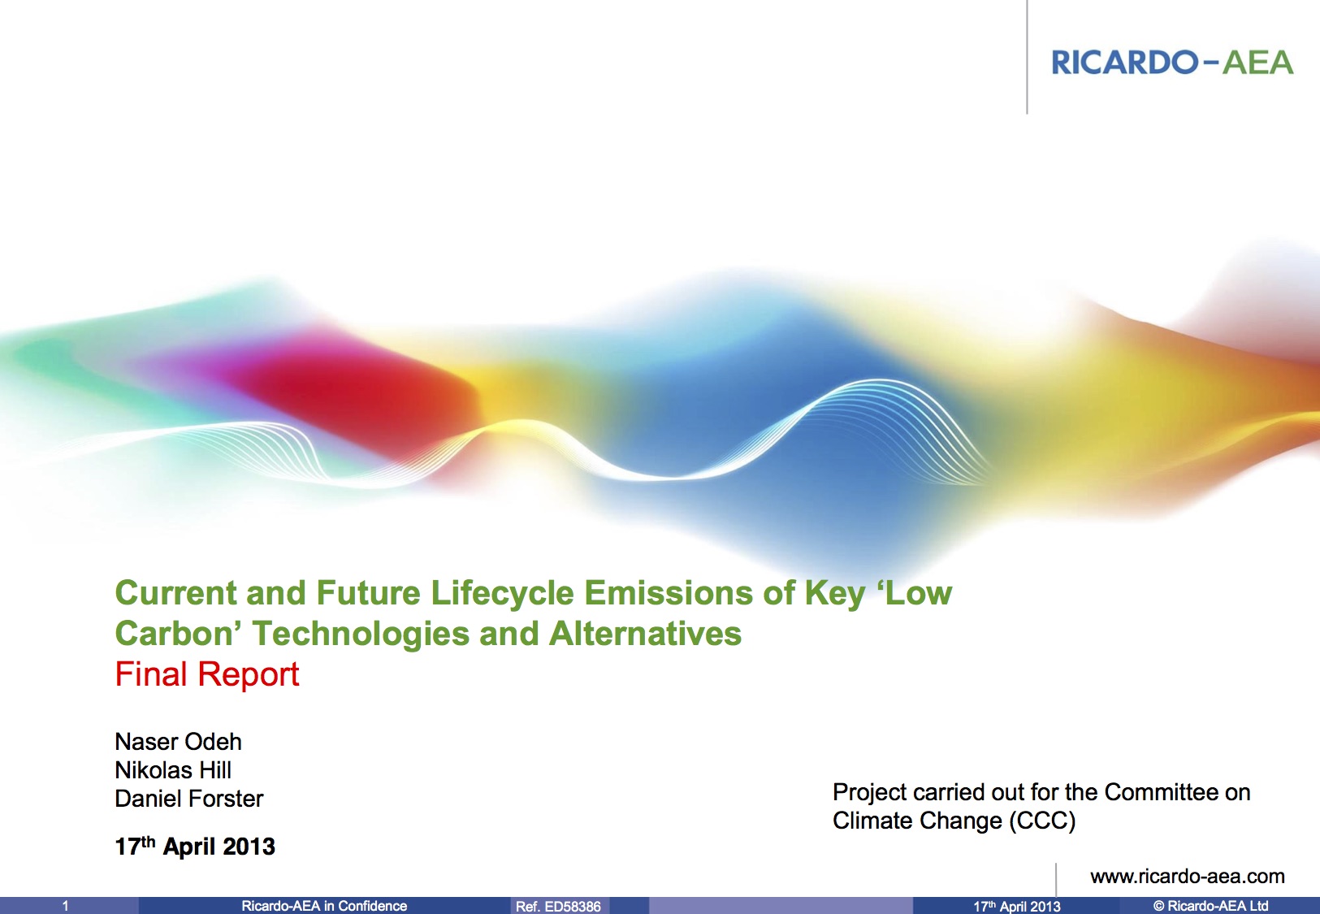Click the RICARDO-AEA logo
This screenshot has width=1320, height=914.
[x=1171, y=63]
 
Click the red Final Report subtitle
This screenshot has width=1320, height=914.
[x=207, y=674]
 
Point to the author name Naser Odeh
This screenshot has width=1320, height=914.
[x=178, y=742]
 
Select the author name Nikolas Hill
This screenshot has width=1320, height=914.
[x=173, y=770]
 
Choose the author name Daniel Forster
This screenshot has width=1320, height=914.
[x=188, y=799]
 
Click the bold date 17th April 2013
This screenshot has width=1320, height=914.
[x=195, y=847]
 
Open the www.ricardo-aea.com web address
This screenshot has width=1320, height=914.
[x=1187, y=877]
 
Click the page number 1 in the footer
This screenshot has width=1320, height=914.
[x=66, y=906]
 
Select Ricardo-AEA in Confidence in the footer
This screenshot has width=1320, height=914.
[x=324, y=906]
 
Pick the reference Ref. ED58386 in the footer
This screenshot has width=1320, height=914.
[x=558, y=906]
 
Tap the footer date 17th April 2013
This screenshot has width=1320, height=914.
[x=1016, y=906]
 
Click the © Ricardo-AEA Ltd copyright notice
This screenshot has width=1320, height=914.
[x=1210, y=906]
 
